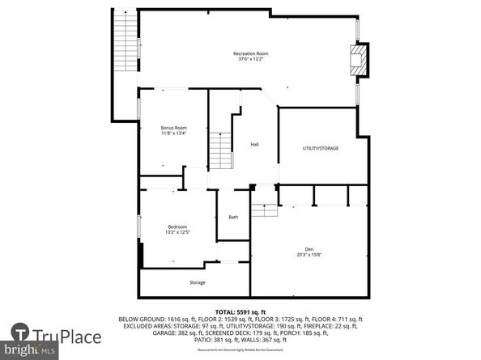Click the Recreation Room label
pos(251,53)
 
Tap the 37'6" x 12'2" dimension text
pos(251,59)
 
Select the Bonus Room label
pos(173,127)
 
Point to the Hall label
pos(254,144)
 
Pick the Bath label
pos(233,217)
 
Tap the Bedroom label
pos(177,227)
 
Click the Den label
pos(309,248)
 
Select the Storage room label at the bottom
pos(198,282)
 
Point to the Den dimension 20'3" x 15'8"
pos(309,254)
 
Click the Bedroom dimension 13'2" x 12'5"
pos(177,232)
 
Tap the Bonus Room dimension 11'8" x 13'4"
pos(173,133)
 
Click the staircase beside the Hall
pos(221,150)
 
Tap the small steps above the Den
pos(264,210)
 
